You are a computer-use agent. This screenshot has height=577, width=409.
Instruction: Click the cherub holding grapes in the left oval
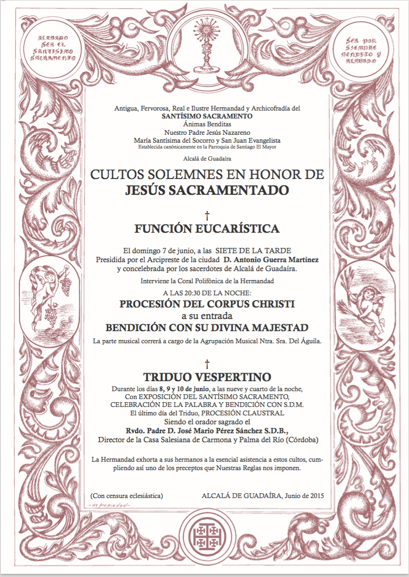click(x=52, y=298)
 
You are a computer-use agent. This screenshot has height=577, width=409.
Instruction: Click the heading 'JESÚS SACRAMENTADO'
click(x=207, y=190)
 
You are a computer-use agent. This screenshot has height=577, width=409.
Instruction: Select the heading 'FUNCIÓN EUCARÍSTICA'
click(x=207, y=228)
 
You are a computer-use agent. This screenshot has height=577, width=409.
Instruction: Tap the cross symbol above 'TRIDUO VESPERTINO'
click(x=207, y=363)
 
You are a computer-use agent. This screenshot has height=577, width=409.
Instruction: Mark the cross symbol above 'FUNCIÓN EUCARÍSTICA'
click(x=207, y=215)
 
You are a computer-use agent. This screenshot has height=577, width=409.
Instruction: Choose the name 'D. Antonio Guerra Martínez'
click(x=271, y=260)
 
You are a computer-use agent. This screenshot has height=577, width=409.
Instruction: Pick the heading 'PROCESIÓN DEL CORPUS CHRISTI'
click(x=207, y=304)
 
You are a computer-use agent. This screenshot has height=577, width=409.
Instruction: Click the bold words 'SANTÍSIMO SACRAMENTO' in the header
click(x=207, y=116)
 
